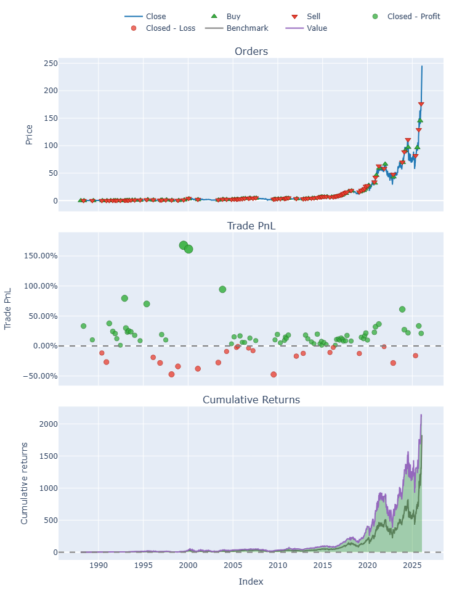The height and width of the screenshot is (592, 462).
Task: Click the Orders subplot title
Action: tap(251, 51)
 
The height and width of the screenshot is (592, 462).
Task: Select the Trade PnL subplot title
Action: tap(251, 226)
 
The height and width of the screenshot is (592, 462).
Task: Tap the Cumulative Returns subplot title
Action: tap(251, 400)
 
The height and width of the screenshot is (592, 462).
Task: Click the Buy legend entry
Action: tap(225, 16)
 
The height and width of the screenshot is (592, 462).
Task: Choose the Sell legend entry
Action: tap(306, 16)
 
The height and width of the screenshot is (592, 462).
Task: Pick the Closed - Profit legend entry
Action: tap(406, 16)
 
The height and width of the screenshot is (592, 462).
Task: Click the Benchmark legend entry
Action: tap(237, 28)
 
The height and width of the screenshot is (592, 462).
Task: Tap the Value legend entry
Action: tap(306, 28)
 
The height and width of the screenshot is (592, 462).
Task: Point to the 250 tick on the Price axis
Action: tap(51, 63)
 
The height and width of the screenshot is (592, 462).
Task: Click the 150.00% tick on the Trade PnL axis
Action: tap(41, 256)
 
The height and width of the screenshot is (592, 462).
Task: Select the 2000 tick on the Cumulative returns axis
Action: tap(49, 424)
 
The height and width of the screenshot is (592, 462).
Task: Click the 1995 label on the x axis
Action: tap(144, 565)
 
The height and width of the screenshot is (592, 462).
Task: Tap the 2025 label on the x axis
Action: tap(413, 565)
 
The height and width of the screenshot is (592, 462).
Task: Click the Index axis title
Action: tap(251, 582)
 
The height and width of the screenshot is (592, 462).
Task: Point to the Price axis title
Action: tap(29, 134)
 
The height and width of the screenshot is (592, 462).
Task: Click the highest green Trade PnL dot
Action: tap(184, 245)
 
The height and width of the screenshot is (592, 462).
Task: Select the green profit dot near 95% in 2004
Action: tap(222, 289)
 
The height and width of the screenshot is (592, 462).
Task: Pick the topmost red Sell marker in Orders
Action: tap(421, 104)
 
